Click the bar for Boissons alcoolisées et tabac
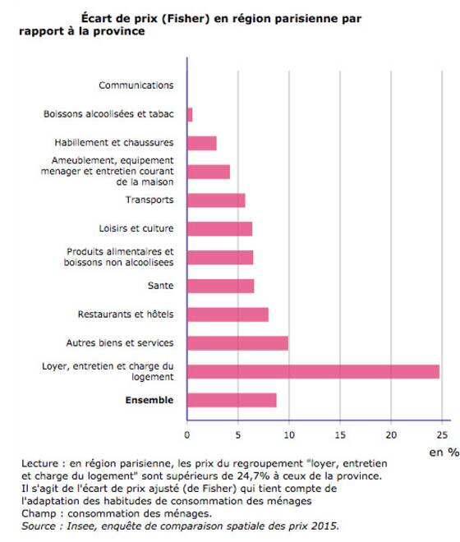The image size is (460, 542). point(190,115)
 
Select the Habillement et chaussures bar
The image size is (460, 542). point(201,143)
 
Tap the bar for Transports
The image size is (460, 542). point(216,200)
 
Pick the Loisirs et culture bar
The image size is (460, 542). point(219,229)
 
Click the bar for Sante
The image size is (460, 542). point(221,286)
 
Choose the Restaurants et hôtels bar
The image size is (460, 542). point(228,315)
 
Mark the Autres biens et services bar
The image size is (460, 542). point(237,343)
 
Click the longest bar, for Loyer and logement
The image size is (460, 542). point(313,371)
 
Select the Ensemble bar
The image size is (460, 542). point(232,400)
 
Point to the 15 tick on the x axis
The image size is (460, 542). point(340,435)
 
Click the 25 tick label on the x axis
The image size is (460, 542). point(442,435)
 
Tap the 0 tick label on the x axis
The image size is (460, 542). point(187,435)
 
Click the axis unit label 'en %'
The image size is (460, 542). point(444,452)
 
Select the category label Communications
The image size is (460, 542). point(136,85)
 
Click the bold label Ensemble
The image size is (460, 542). point(149,400)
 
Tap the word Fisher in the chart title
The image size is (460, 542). point(186,19)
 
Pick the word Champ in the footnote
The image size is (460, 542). point(39,514)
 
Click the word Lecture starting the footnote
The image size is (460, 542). point(39,463)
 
